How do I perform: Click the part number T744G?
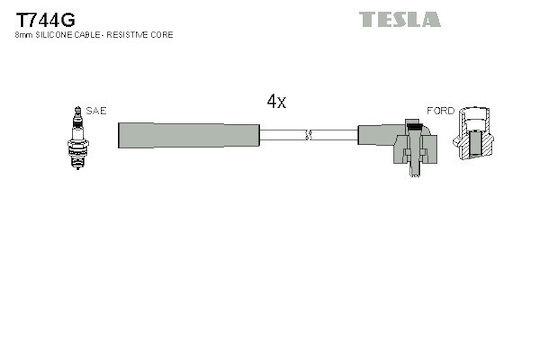coord(45,20)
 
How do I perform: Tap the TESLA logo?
coord(399,19)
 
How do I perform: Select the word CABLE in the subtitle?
coord(87,35)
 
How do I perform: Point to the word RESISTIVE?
coord(127,35)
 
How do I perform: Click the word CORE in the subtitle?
coord(162,35)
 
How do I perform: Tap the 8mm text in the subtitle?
coord(24,35)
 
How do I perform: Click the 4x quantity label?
coord(276,101)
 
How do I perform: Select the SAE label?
coord(96,111)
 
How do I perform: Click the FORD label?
coord(440,111)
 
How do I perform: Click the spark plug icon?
coord(78,138)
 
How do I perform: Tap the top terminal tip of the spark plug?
coord(78,109)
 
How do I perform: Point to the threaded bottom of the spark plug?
coord(78,162)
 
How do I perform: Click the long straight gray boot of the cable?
coord(188,135)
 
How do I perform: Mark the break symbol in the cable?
coord(308,135)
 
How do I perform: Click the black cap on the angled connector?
coord(414,126)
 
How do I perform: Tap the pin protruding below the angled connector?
coord(414,170)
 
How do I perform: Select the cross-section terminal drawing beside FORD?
coord(473,133)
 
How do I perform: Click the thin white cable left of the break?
coord(282,135)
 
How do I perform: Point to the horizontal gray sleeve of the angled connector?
coord(381,135)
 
